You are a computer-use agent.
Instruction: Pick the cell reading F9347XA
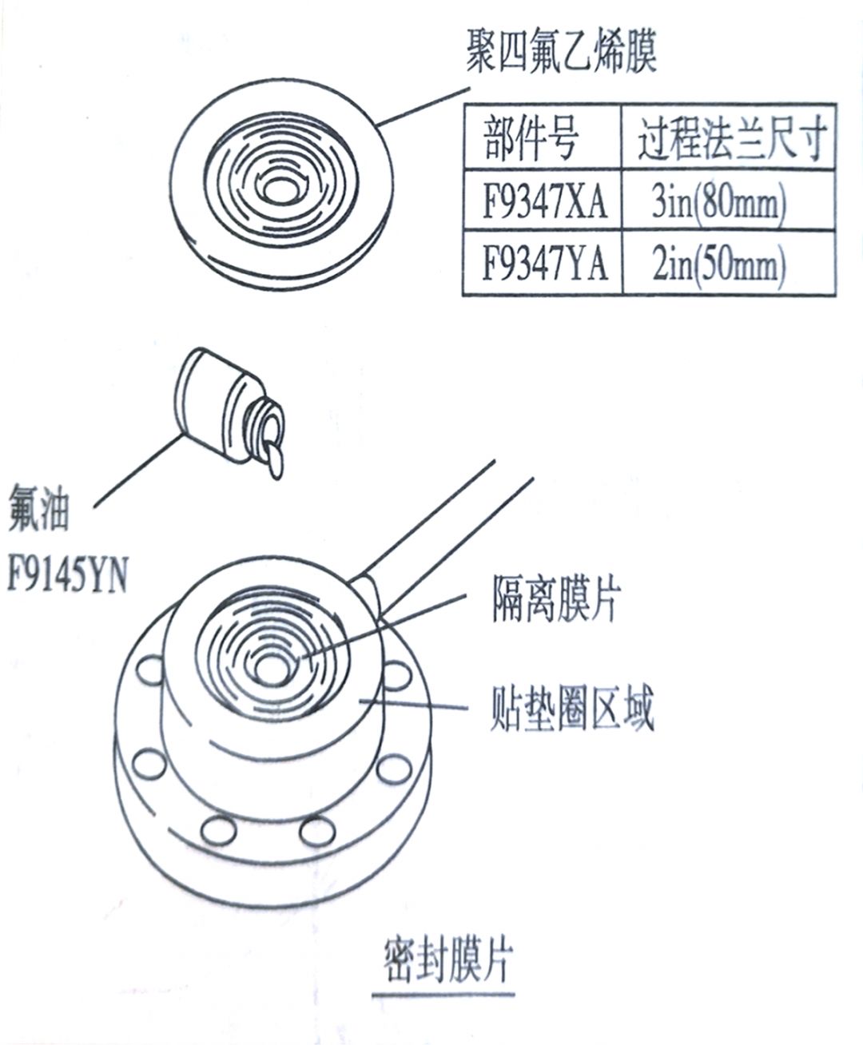point(544,204)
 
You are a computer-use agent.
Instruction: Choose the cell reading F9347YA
point(544,264)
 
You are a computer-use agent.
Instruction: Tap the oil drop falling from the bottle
point(274,461)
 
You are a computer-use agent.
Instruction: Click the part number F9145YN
point(67,575)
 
